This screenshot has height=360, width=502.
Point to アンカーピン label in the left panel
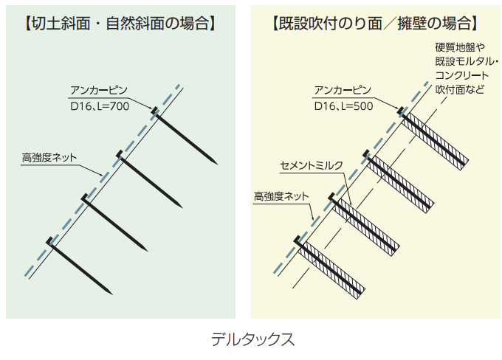99,91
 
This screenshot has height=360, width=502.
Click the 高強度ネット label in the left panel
49,157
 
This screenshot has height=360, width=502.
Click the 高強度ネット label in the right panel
281,196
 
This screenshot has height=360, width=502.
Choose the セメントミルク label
312,165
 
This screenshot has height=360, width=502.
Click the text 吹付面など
459,89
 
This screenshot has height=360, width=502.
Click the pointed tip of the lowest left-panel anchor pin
111,294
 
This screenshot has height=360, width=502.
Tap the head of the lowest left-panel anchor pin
49,240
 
